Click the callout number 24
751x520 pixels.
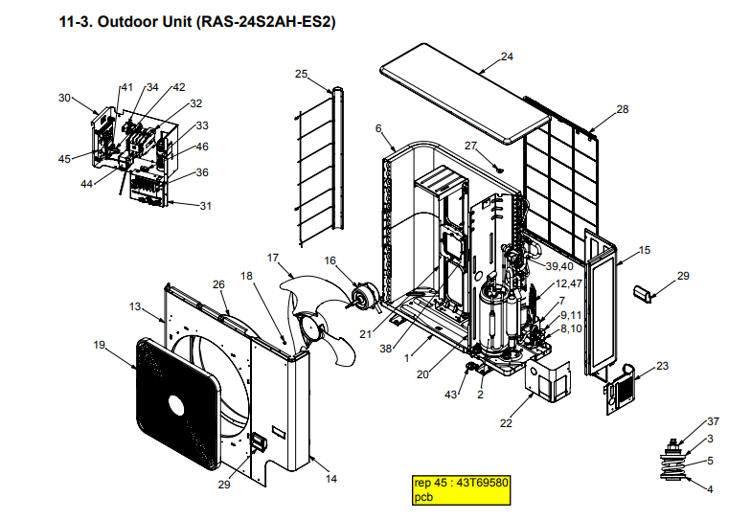point(507,57)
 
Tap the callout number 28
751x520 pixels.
point(623,109)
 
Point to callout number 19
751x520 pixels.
point(99,344)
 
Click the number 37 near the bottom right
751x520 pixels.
point(712,421)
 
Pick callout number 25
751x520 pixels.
point(301,74)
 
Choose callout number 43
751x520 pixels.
point(451,395)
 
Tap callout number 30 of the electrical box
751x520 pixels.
point(64,97)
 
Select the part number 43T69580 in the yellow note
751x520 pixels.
point(485,483)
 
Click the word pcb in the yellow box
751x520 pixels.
point(423,496)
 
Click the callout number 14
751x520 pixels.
point(331,477)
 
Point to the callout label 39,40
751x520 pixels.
point(558,265)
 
